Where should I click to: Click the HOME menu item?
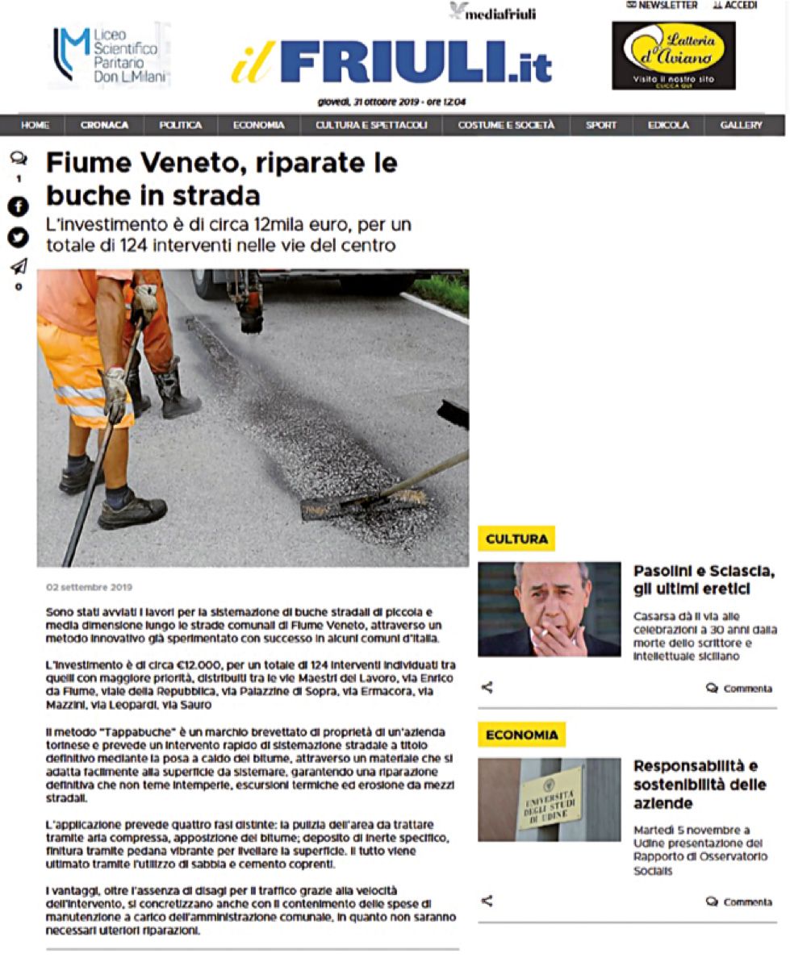35,126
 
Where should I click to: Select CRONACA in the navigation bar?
104,126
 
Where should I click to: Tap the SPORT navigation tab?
600,126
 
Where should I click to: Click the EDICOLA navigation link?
668,126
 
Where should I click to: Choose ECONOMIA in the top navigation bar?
258,126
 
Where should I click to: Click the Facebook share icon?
18,207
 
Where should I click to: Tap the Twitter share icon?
18,238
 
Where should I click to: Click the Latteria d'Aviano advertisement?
673,55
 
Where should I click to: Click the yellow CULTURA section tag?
516,539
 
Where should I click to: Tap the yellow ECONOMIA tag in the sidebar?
521,735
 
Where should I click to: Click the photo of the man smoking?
549,609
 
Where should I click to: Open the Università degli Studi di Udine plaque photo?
549,799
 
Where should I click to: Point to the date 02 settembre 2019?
89,587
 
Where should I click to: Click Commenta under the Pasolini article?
739,689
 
